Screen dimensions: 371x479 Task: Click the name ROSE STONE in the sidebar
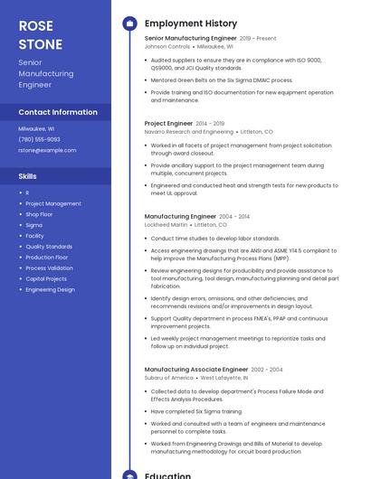click(x=41, y=34)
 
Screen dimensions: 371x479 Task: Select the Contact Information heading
click(x=58, y=112)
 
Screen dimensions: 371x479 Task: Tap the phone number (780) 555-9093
click(x=39, y=139)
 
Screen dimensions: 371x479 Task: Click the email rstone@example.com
click(x=41, y=150)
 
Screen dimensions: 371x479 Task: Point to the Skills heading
click(x=27, y=176)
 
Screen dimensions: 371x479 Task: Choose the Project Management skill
click(x=52, y=203)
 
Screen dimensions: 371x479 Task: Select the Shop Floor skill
click(x=39, y=214)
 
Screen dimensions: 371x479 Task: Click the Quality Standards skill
click(x=49, y=247)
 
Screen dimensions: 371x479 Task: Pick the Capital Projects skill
click(x=46, y=279)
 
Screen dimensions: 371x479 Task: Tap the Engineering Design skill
click(x=50, y=290)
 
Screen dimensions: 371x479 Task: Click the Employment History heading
click(x=191, y=23)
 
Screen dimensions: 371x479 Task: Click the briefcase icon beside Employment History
click(x=129, y=23)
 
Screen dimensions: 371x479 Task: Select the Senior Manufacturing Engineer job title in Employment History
click(x=190, y=39)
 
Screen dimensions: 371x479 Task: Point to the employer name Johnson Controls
click(x=167, y=46)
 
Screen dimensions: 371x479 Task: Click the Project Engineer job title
click(x=168, y=123)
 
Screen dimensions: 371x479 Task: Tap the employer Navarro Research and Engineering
click(x=189, y=131)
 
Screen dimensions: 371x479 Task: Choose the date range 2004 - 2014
click(x=233, y=217)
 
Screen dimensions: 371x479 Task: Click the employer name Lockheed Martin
click(x=166, y=225)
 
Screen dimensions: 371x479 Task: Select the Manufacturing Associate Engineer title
click(x=195, y=370)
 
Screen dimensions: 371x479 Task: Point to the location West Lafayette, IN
click(x=226, y=378)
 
